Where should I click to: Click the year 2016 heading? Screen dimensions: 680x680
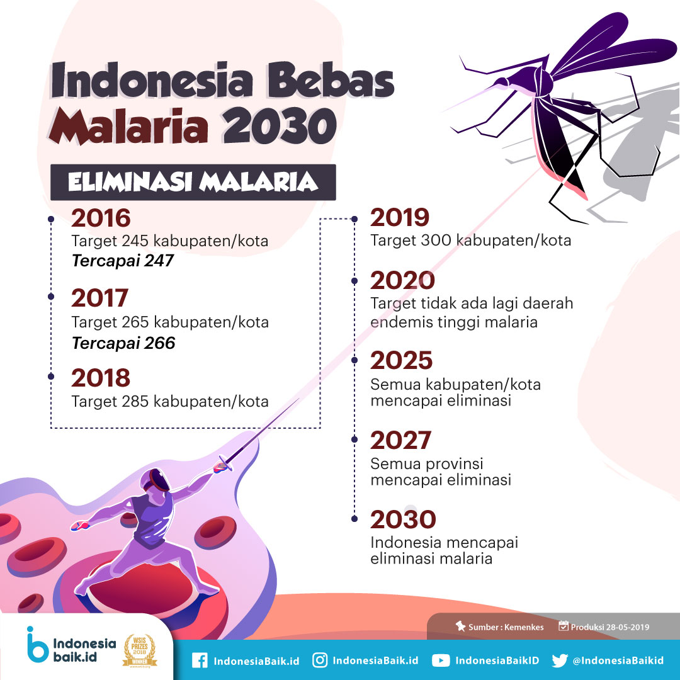click(x=101, y=218)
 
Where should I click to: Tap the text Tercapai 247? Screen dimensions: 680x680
click(x=123, y=260)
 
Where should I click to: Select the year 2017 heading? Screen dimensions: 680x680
click(x=99, y=298)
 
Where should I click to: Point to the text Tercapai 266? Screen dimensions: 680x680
click(x=123, y=343)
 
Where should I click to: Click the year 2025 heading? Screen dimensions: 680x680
click(x=401, y=360)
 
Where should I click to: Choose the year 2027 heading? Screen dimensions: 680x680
click(x=400, y=440)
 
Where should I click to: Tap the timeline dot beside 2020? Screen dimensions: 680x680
click(x=354, y=281)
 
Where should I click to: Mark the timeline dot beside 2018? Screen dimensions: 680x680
click(x=51, y=377)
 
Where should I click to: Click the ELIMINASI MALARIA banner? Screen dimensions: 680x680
click(x=193, y=182)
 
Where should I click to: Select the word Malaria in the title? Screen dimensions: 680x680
click(x=129, y=126)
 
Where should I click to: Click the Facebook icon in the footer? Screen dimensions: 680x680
click(x=200, y=660)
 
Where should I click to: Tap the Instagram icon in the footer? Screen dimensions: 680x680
click(x=320, y=660)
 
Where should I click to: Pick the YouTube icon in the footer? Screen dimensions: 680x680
click(x=441, y=660)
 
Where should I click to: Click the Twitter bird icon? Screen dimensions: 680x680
click(x=560, y=660)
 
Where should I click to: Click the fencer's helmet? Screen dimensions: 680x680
click(x=156, y=480)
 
